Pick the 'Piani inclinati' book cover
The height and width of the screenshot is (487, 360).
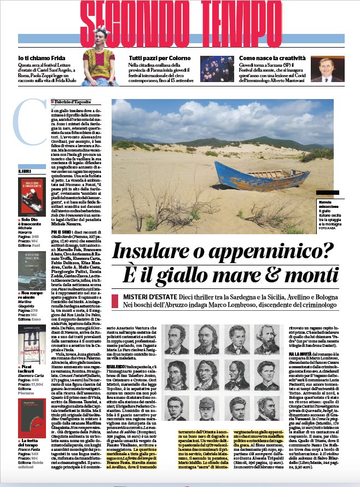[31, 341]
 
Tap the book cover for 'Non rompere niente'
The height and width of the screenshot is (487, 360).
[31, 269]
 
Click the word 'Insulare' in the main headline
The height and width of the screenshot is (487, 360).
[147, 251]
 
